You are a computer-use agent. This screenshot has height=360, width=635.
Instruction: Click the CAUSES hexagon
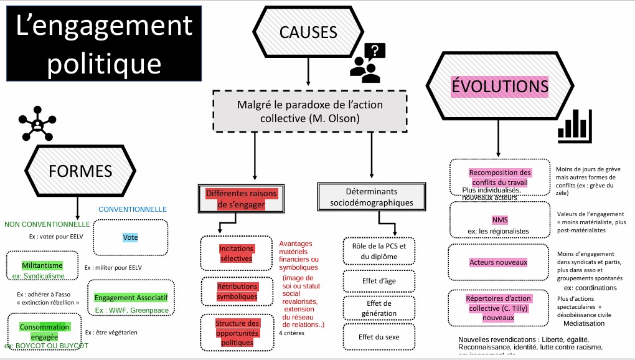pos(308,32)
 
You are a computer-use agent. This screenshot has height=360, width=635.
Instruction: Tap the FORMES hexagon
pos(80,170)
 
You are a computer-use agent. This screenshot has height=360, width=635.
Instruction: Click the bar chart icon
pos(573,123)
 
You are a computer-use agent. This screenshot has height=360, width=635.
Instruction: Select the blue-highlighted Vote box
pos(131,237)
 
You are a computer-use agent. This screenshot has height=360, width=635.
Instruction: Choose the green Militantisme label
pos(42,265)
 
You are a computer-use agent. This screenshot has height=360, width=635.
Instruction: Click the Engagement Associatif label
pos(131,298)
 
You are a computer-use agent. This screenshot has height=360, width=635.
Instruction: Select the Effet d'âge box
pos(379,281)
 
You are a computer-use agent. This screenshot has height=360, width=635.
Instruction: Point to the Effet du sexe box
pos(379,337)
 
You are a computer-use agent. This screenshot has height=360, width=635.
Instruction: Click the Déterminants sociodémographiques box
pos(371,197)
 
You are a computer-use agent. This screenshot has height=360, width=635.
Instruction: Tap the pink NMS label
pos(499,220)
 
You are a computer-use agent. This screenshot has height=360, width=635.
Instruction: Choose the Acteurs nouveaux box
pos(498,262)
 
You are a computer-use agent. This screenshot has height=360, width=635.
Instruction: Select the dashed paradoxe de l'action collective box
pos(309,111)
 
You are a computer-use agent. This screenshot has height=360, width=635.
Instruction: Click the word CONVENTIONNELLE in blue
pos(133,209)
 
